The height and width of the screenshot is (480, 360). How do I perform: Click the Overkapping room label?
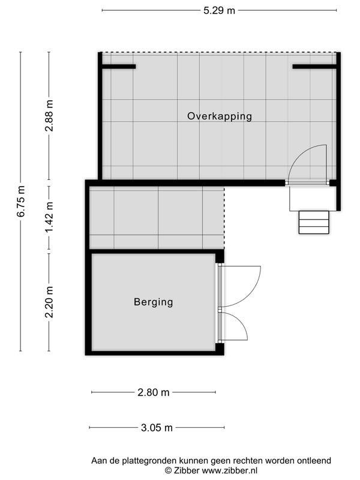[220, 116]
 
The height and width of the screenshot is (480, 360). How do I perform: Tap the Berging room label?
[154, 302]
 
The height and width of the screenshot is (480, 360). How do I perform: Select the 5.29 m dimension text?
[219, 10]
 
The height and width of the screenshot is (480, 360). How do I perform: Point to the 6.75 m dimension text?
[20, 201]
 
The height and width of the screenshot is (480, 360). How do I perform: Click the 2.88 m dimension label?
[49, 116]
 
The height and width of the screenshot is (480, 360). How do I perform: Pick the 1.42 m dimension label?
[49, 217]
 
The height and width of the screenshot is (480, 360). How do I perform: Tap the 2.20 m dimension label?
[49, 302]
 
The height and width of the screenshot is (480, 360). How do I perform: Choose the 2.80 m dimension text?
[154, 392]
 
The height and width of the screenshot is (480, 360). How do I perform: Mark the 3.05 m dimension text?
[157, 427]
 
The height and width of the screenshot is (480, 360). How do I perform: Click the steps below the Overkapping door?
[314, 223]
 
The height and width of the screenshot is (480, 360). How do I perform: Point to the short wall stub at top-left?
[119, 67]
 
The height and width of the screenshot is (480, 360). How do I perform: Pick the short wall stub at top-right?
[314, 67]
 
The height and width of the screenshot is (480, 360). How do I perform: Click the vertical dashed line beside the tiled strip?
[224, 218]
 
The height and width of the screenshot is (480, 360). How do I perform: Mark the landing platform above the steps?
[313, 199]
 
